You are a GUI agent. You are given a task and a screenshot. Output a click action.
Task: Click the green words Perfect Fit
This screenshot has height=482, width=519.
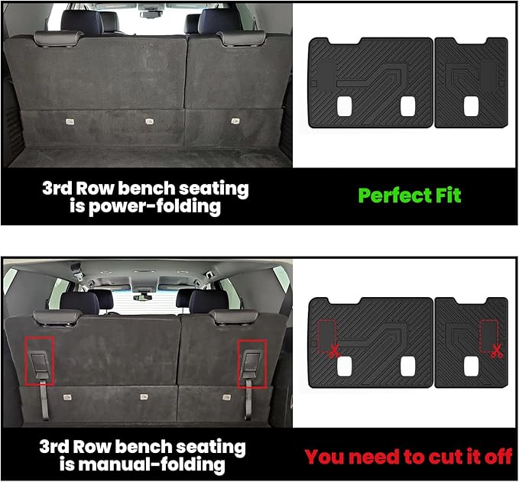[410, 195]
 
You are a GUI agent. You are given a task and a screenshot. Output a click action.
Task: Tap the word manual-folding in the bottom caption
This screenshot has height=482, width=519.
[167, 464]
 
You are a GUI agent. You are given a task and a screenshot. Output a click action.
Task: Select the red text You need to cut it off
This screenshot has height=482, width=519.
[408, 457]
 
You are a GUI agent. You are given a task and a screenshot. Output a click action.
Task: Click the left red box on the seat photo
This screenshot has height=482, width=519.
[39, 361]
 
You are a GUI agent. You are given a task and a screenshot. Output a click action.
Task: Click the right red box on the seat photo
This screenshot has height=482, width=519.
[251, 361]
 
